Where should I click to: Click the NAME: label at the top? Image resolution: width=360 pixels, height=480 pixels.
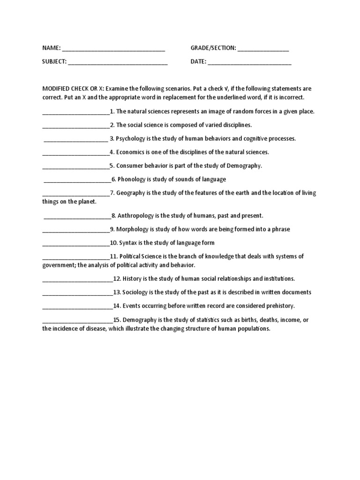(52, 48)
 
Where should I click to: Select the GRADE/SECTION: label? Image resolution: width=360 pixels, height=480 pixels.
(213, 48)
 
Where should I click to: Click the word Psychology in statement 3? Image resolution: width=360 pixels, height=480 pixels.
(131, 139)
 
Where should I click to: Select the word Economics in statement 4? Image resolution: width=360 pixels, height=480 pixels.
(131, 152)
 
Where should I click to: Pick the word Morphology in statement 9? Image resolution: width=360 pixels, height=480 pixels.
(132, 229)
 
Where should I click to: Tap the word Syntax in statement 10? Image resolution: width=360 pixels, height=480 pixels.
(127, 243)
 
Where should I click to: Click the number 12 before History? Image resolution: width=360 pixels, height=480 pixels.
(117, 279)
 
